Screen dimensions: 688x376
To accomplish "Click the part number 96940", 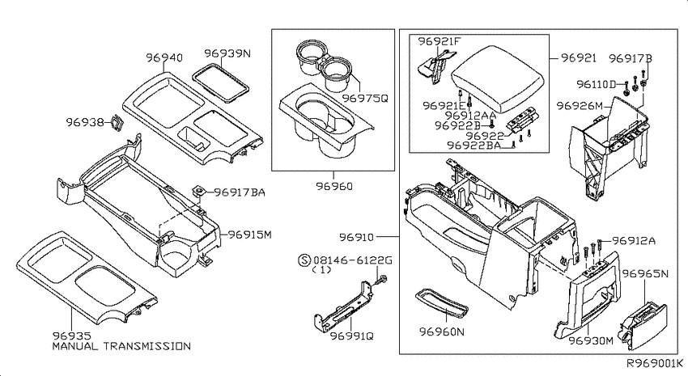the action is coord(164,57).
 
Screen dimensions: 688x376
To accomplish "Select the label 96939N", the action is coord(227,53).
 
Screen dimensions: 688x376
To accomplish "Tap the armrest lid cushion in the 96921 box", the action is coord(498,80).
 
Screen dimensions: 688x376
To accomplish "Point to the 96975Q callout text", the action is coord(365,98).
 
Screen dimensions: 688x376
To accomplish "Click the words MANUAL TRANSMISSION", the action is coord(121,346).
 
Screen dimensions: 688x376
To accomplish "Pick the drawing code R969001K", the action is coord(654,363).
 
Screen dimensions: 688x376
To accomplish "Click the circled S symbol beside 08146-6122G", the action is coord(304,260).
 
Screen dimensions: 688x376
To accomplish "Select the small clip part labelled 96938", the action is coord(117,122).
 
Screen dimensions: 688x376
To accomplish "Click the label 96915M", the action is coord(249,234).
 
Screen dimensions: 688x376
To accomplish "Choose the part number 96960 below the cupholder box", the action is coord(334,186).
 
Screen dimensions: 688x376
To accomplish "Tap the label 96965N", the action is coord(645,274).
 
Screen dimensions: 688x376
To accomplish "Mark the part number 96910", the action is coord(357,237).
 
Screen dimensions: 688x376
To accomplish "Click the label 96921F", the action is coord(440,41).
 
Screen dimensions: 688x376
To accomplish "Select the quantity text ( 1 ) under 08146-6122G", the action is coord(321,270).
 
